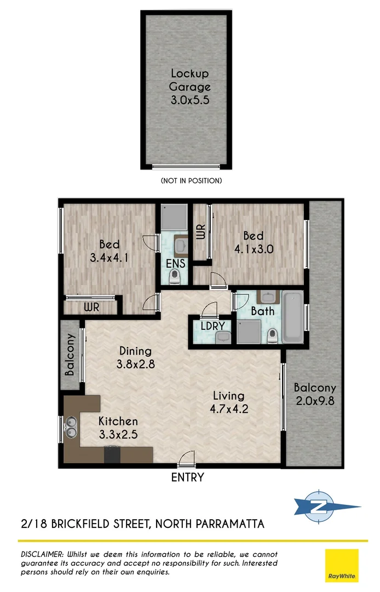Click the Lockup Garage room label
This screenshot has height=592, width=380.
click(x=189, y=87)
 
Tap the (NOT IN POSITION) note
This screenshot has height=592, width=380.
click(x=191, y=180)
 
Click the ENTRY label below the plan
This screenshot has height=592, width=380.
click(x=187, y=477)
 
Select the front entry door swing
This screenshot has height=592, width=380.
click(x=187, y=457)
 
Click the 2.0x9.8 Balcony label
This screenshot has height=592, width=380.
click(x=314, y=394)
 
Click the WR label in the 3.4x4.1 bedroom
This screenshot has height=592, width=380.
click(x=92, y=308)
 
